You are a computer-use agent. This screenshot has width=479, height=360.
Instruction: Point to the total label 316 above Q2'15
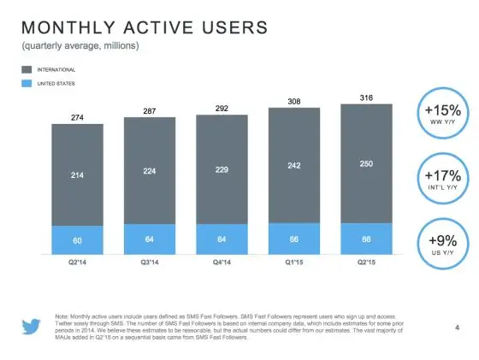(368, 97)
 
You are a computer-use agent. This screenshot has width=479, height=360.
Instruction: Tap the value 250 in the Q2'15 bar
(368, 162)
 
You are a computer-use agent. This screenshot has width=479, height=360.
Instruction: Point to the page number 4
(457, 328)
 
